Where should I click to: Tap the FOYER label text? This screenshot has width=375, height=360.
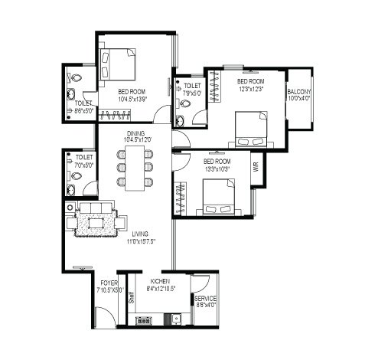(x=108, y=283)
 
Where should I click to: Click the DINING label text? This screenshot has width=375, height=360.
(x=135, y=132)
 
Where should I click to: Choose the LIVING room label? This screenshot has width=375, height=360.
(x=140, y=234)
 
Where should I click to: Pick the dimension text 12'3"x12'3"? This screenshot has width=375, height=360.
(x=251, y=89)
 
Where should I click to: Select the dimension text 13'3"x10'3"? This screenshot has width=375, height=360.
(x=217, y=169)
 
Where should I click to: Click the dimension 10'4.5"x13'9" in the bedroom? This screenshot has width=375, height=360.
(x=132, y=99)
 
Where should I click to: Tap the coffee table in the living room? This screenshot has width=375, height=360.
(x=98, y=223)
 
